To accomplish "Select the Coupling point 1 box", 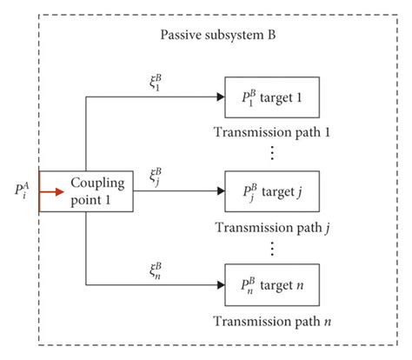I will point(85,191).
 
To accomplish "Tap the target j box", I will point(272,191).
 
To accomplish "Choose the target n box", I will point(272,283).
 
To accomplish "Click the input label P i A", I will point(23,190).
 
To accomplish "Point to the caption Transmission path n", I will point(273,321).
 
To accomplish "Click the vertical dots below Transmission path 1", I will point(273,154).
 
